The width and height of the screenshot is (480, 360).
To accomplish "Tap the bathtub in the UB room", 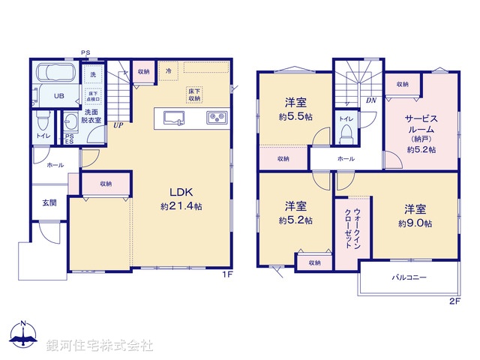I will point(54,75).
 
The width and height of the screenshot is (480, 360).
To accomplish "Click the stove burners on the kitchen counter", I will point(216,117).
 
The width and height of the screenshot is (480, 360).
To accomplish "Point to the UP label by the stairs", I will point(118,125).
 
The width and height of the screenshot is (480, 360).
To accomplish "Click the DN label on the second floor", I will point(370,100).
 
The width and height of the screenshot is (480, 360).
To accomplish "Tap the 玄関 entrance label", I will point(48,202).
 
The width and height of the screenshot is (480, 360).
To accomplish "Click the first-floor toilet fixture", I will point(43,121).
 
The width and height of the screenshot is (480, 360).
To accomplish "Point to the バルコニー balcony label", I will point(409,277).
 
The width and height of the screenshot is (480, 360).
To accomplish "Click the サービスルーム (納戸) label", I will point(421,133).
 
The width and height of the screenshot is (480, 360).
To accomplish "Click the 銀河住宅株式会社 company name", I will point(99,345).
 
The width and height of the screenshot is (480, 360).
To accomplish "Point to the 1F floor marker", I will point(226,274).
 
